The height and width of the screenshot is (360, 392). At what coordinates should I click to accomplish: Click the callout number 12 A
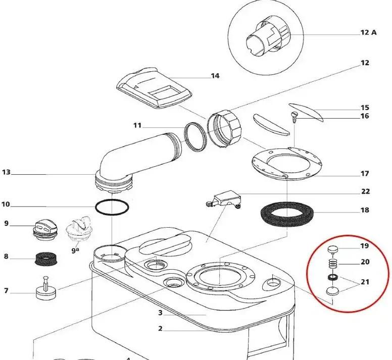(x=368, y=32)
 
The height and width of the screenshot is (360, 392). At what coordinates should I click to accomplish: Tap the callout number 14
(x=215, y=76)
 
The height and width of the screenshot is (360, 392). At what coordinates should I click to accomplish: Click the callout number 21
(x=364, y=282)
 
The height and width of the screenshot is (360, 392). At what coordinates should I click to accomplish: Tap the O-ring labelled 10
(x=113, y=207)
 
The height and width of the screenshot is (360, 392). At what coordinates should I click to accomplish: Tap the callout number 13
(x=6, y=172)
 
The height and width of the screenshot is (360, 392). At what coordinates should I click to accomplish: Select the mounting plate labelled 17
(x=287, y=163)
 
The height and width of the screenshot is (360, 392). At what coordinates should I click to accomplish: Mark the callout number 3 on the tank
(x=160, y=313)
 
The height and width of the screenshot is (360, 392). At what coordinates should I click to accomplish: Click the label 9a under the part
(x=75, y=249)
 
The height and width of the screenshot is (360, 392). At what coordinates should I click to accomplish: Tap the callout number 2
(x=160, y=329)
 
